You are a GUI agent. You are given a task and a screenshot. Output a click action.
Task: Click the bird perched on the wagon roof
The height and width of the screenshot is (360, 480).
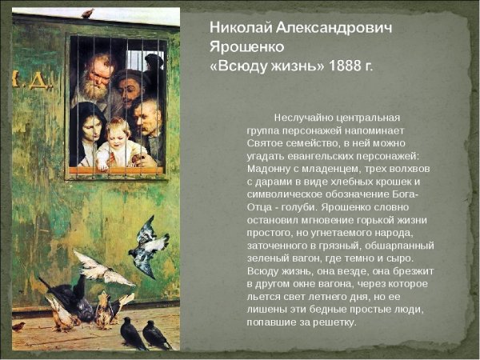click(86, 13)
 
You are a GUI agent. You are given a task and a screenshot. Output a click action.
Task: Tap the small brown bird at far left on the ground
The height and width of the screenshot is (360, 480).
click(18, 326)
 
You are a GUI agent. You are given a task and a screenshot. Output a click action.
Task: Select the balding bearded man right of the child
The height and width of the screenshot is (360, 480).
click(146, 118)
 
